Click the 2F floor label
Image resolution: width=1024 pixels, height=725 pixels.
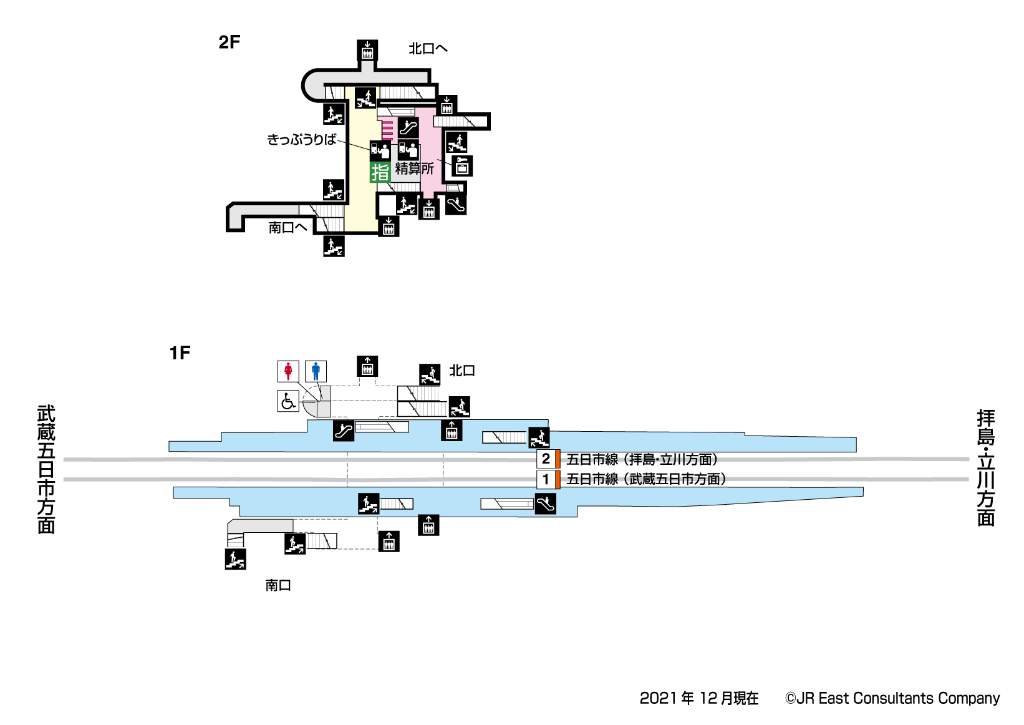pyautogui.click(x=229, y=42)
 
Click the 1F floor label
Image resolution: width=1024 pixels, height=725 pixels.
pyautogui.click(x=180, y=353)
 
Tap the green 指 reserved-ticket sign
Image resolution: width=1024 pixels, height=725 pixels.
pyautogui.click(x=380, y=172)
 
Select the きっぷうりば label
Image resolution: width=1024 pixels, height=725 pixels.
pyautogui.click(x=302, y=140)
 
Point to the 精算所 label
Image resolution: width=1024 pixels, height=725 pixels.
pyautogui.click(x=415, y=168)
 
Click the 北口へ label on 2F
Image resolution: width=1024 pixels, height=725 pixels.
pyautogui.click(x=428, y=49)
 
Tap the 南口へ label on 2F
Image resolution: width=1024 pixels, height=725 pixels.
pyautogui.click(x=287, y=228)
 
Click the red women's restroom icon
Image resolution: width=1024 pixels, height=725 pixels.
pyautogui.click(x=288, y=371)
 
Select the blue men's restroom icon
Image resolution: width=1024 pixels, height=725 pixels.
pyautogui.click(x=316, y=371)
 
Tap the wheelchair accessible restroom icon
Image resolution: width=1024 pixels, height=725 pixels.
pyautogui.click(x=288, y=401)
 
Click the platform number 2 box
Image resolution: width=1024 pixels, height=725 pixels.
pyautogui.click(x=546, y=459)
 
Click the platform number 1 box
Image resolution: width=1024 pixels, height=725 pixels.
pyautogui.click(x=546, y=479)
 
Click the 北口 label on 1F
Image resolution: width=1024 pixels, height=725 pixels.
pyautogui.click(x=462, y=371)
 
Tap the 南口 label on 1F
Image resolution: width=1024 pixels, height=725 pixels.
pyautogui.click(x=278, y=585)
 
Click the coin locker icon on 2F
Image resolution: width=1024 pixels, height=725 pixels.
pyautogui.click(x=462, y=166)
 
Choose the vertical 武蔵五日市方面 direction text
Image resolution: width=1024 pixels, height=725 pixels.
pyautogui.click(x=47, y=469)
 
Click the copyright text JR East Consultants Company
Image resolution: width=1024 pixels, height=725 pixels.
pyautogui.click(x=892, y=698)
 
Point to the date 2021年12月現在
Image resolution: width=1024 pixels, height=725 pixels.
pyautogui.click(x=699, y=698)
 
